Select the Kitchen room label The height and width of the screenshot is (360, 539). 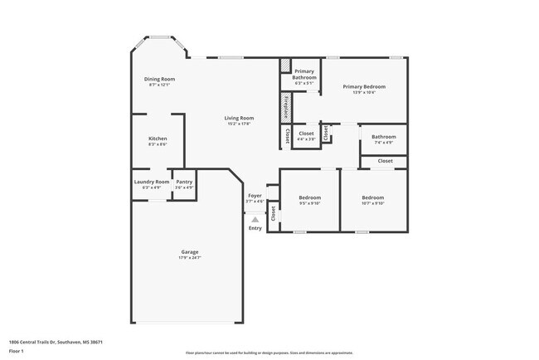[x=158, y=138]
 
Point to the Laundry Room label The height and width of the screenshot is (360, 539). [x=151, y=182]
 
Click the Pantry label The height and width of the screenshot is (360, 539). [x=184, y=182]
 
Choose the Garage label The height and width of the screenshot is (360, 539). [x=190, y=251]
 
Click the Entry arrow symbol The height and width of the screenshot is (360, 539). [x=255, y=219]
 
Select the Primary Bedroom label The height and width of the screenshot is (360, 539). [x=364, y=86]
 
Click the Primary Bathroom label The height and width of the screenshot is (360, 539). [x=304, y=75]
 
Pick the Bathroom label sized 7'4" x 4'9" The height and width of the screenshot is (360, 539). [x=383, y=137]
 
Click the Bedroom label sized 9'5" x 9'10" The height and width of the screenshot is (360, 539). [x=309, y=197]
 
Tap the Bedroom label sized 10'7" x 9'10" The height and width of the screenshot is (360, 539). [x=372, y=197]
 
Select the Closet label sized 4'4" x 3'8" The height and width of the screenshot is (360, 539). [x=306, y=133]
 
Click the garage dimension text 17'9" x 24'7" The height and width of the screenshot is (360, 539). [x=190, y=257]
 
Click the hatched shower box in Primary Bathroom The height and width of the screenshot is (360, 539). [x=285, y=65]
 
